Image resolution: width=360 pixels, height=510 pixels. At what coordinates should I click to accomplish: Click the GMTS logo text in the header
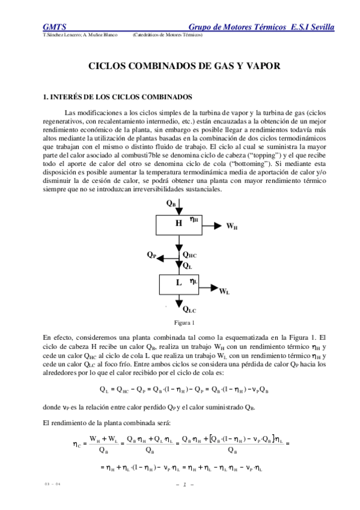click(x=54, y=26)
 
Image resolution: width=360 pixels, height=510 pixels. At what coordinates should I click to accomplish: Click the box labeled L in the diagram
click(x=178, y=283)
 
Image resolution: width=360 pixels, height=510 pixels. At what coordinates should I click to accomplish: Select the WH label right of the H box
click(x=231, y=227)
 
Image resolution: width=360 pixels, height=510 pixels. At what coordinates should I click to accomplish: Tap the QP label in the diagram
click(x=151, y=254)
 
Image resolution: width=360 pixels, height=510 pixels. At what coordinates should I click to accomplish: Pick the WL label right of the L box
click(x=224, y=291)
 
